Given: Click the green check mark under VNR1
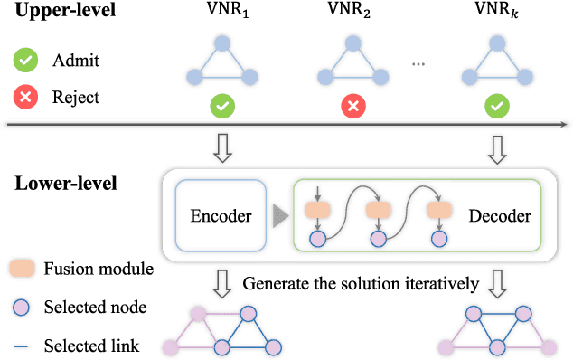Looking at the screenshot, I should [x=221, y=106].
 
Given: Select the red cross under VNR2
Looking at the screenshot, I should [x=352, y=106].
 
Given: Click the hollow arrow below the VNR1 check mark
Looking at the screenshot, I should [x=221, y=147].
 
